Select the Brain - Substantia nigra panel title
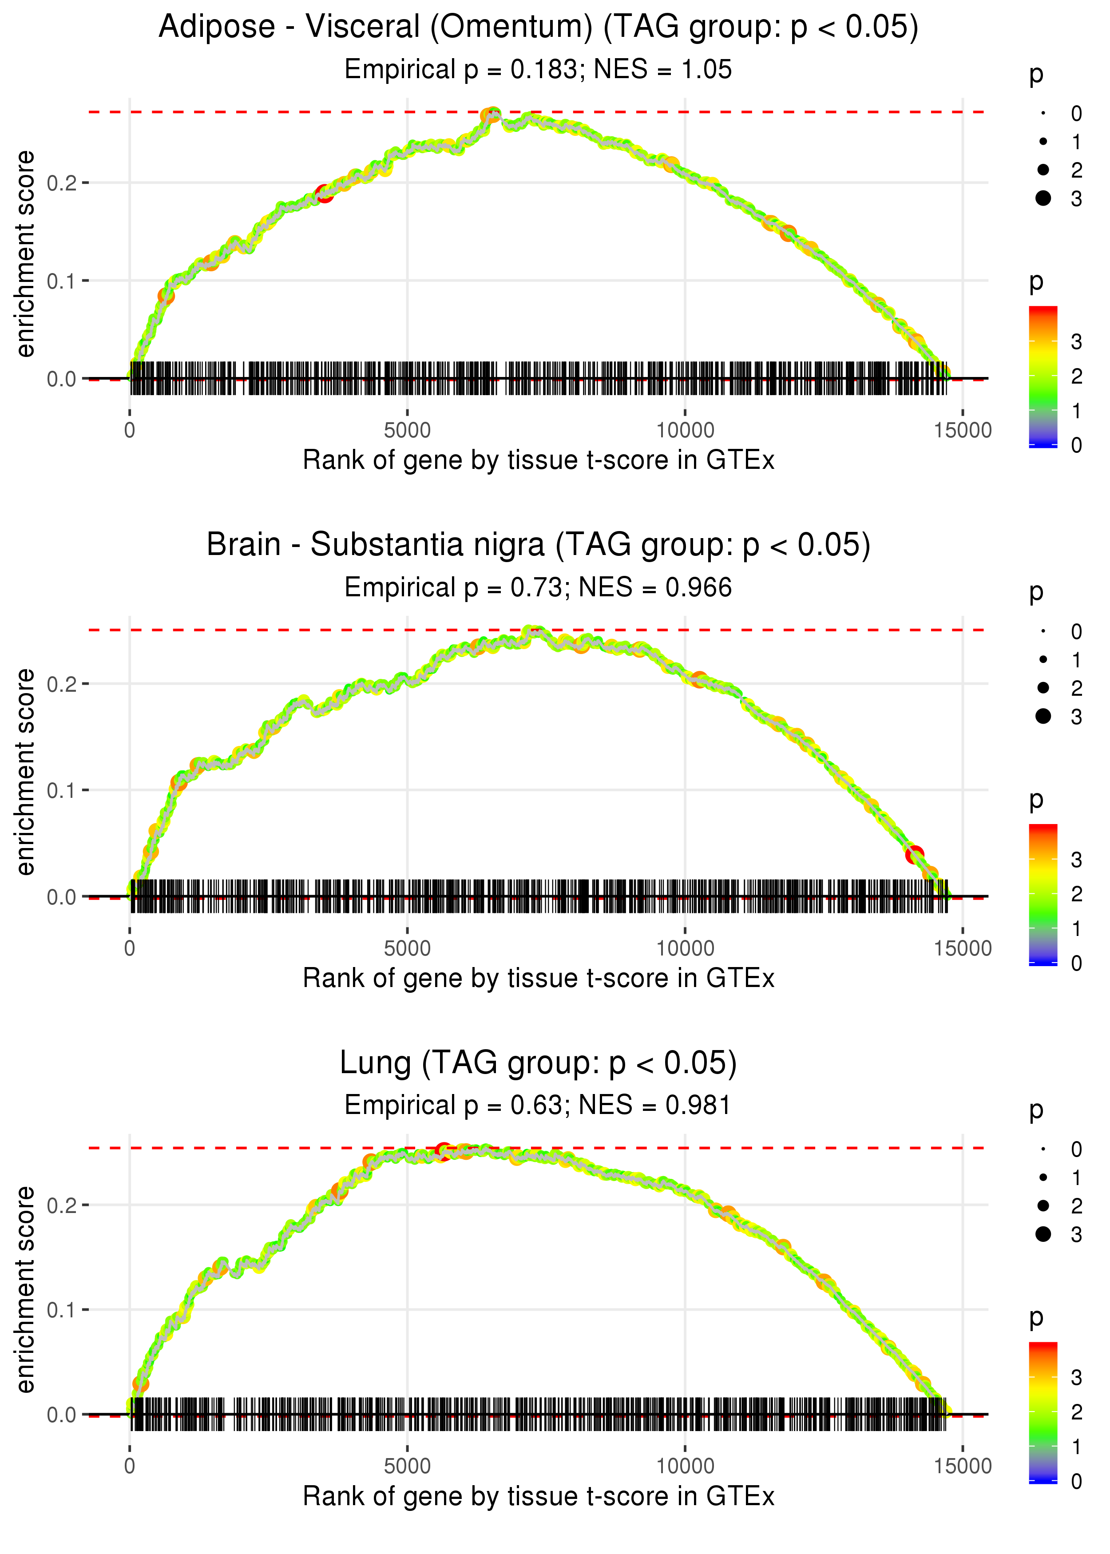pos(538,545)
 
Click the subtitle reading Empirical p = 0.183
pos(538,70)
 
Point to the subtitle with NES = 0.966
pos(538,588)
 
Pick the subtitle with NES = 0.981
pos(538,1106)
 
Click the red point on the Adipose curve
pos(324,194)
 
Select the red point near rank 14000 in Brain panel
pos(915,854)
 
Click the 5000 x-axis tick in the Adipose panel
pos(407,431)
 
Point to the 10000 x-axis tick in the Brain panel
pos(685,948)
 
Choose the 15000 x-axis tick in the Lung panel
pos(962,1467)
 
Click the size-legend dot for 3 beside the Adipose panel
pos(1043,198)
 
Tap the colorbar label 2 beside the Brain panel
pos(1077,894)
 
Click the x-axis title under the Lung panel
pos(538,1497)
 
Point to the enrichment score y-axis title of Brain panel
pos(25,772)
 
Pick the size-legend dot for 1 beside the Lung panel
pos(1043,1177)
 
